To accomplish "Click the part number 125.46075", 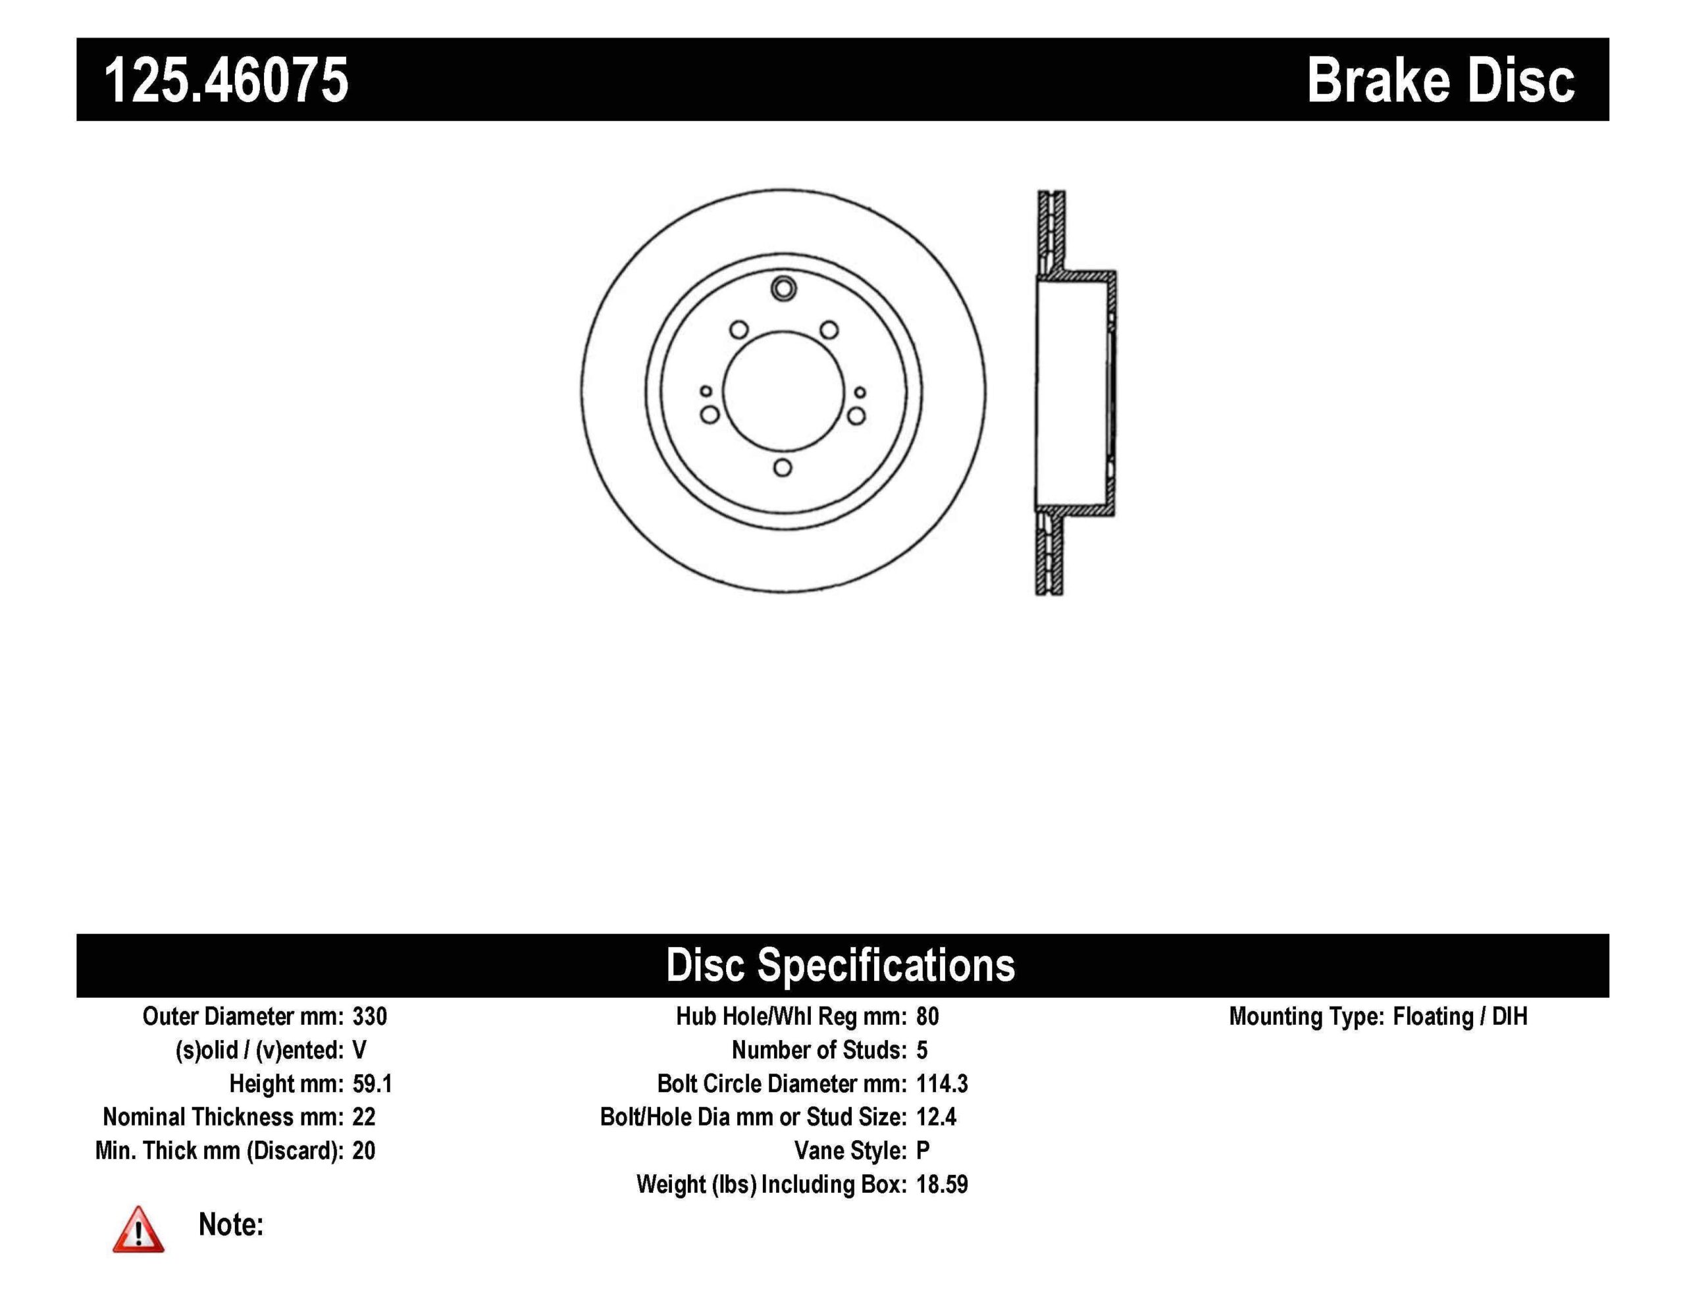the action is coord(226,80).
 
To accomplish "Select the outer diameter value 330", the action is coord(369,1016).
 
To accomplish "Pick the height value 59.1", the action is coord(372,1083).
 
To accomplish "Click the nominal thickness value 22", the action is coord(363,1117).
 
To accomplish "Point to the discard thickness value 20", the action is coord(363,1151).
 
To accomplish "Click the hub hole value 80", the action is coord(927,1016).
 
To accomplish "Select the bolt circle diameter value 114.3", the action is coord(942,1083).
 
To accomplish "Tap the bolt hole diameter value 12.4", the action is coord(936,1117).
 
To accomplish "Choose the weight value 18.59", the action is coord(942,1184).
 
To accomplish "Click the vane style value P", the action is coord(923,1151).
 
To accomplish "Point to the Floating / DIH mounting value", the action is coord(1460,1016).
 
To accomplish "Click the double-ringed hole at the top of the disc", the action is coord(783,289).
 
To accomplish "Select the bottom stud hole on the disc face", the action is coord(783,468).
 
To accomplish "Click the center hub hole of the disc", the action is coord(783,391).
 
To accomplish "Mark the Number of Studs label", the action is coord(819,1050).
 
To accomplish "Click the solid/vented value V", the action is coord(359,1050).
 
